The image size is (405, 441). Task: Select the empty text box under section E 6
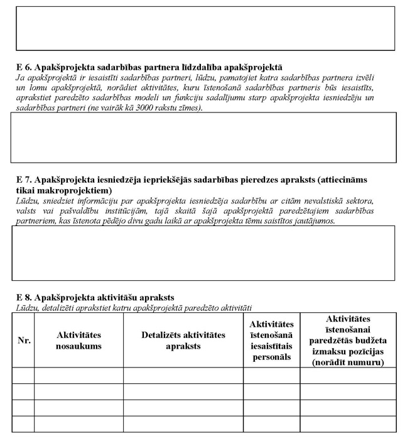coord(203,138)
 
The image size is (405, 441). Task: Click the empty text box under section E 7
coord(203,253)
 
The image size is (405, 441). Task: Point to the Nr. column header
coord(24,340)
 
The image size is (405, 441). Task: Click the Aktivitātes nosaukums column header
coord(78,340)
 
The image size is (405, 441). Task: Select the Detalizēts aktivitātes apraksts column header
coord(183,340)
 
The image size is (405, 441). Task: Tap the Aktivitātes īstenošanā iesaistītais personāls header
coord(271,340)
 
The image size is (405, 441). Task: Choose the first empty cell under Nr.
coord(24,375)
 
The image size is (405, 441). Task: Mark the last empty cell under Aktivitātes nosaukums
coord(78,424)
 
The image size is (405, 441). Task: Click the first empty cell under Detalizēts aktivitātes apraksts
coord(183,375)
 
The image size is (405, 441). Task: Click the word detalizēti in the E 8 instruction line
coord(63,307)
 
